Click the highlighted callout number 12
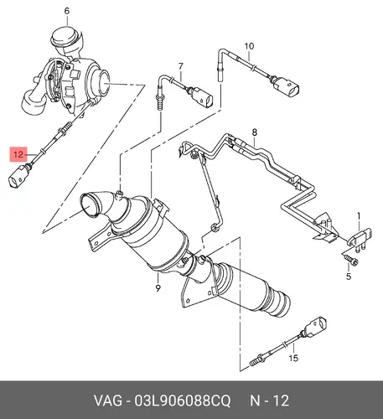tap(18, 154)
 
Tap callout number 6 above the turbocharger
tap(67, 11)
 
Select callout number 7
tap(181, 66)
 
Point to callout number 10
tap(249, 46)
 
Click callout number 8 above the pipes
tap(254, 132)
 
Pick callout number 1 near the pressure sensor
tap(359, 216)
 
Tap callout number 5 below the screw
tap(349, 277)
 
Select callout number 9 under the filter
tap(158, 287)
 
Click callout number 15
tap(293, 358)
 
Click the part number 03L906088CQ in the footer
tap(183, 401)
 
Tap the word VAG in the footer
tap(108, 401)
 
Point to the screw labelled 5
tap(351, 259)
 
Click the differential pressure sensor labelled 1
tap(360, 238)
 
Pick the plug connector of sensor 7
tap(202, 97)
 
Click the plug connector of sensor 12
tap(19, 177)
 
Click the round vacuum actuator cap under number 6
tap(66, 36)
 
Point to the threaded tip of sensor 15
tap(255, 362)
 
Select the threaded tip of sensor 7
tap(159, 104)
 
